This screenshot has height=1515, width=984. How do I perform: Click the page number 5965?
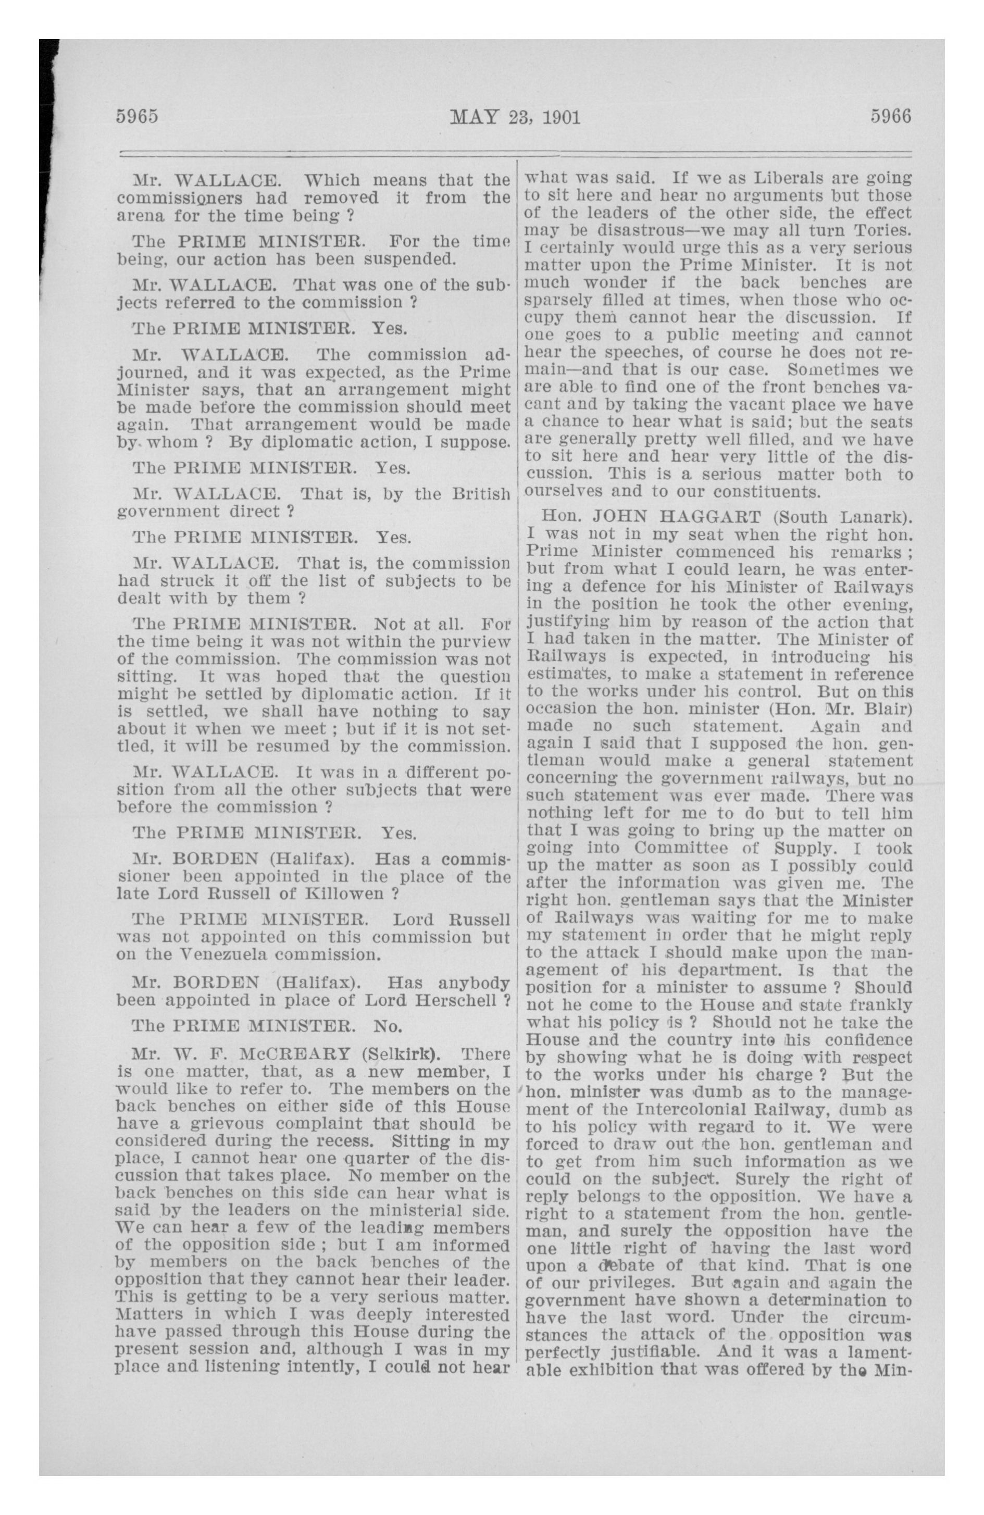pos(136,117)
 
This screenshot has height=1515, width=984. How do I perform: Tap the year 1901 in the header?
pos(560,118)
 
